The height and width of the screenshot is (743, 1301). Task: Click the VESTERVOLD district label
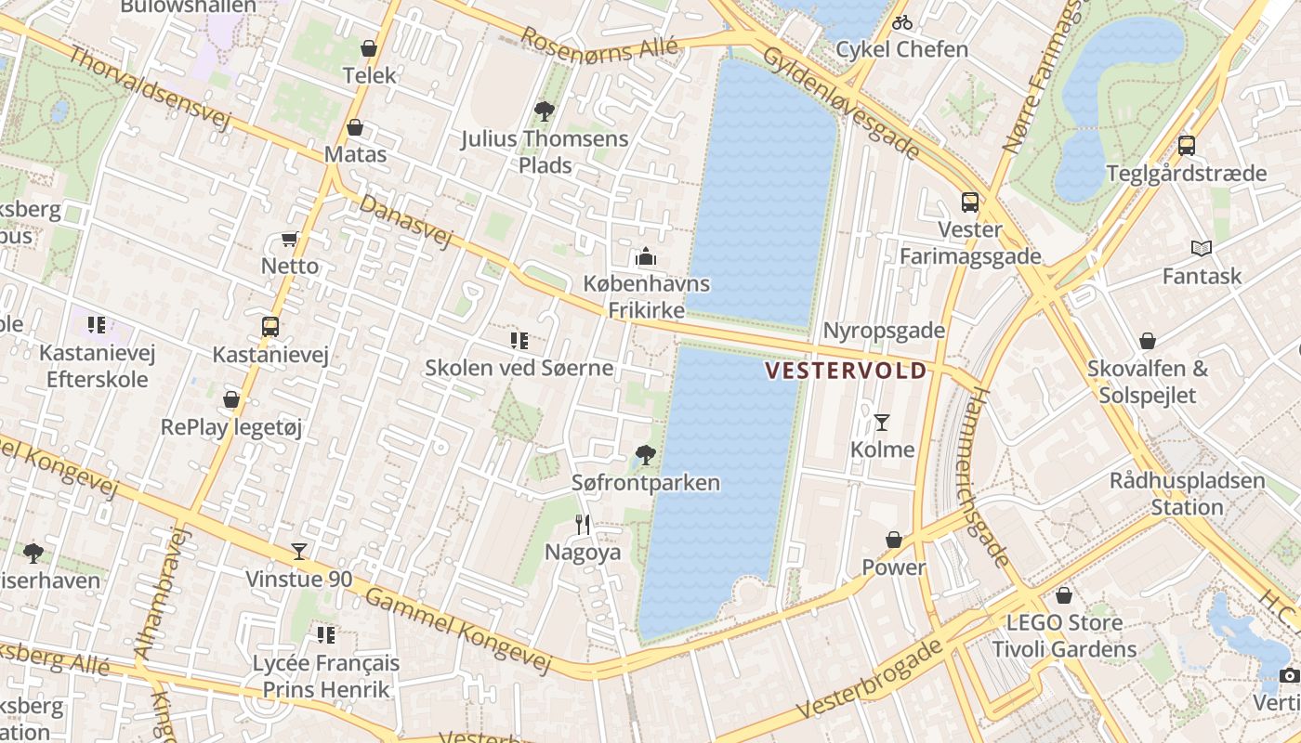tap(845, 371)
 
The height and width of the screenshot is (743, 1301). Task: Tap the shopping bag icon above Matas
tap(354, 127)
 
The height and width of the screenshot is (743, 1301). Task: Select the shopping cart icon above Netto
tap(290, 240)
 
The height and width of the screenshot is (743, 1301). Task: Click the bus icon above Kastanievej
tap(270, 327)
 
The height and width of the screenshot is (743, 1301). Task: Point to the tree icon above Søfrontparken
tap(645, 455)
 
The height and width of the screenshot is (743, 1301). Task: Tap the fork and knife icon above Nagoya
tap(582, 525)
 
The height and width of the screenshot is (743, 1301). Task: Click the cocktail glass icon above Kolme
tap(882, 423)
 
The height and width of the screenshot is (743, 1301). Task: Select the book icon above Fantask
tap(1202, 248)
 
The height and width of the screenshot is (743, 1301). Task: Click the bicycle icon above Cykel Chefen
tap(901, 22)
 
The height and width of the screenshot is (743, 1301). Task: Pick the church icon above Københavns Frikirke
tap(646, 256)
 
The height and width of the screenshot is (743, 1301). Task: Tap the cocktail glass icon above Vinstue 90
tap(298, 552)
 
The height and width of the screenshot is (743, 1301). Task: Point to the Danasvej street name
tap(405, 221)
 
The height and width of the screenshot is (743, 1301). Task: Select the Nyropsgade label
tap(884, 331)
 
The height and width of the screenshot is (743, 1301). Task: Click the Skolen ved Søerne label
tap(519, 368)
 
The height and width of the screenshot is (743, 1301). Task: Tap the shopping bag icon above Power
tap(894, 540)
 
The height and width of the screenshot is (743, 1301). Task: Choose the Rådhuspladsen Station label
tap(1187, 494)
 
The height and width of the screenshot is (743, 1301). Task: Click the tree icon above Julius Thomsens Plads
tap(545, 111)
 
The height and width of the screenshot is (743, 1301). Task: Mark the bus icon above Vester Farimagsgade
tap(970, 202)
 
